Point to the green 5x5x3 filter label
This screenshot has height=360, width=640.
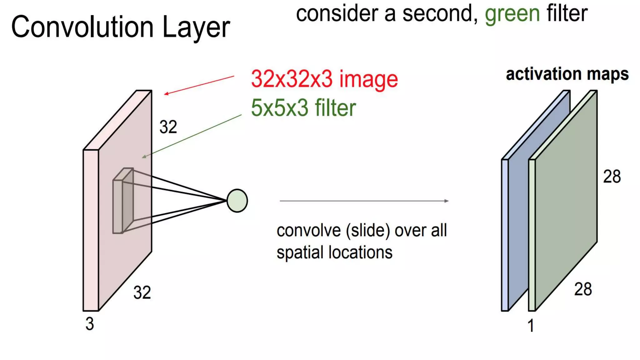pyautogui.click(x=303, y=108)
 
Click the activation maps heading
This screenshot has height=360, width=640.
pyautogui.click(x=567, y=74)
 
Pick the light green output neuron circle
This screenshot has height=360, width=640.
pyautogui.click(x=237, y=201)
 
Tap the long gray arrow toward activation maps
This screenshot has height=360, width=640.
pyautogui.click(x=364, y=201)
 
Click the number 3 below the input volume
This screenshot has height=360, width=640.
pyautogui.click(x=90, y=324)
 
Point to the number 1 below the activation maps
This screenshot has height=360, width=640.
pyautogui.click(x=531, y=326)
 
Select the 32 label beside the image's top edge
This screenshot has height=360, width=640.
pyautogui.click(x=168, y=127)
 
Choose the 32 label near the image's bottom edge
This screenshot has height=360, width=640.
pyautogui.click(x=142, y=292)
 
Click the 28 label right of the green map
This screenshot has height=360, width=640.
pyautogui.click(x=612, y=177)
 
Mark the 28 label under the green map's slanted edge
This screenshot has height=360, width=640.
pyautogui.click(x=583, y=289)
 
